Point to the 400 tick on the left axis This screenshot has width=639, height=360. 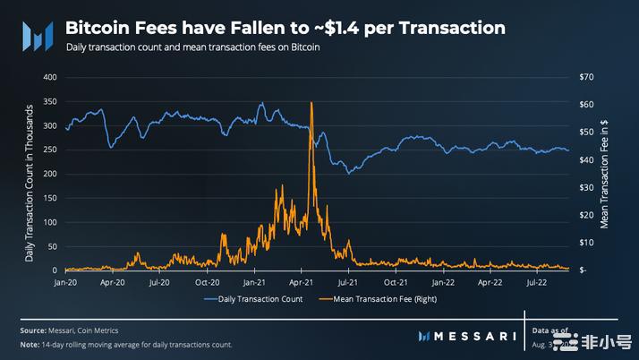click(49, 77)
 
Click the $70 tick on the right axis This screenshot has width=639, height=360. click(588, 77)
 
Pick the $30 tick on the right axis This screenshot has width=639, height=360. click(588, 187)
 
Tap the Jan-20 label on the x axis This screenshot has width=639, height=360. click(65, 280)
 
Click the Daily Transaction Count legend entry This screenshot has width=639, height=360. click(260, 298)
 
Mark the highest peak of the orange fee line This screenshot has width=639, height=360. click(311, 103)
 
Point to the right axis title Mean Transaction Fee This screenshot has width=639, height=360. click(605, 175)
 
